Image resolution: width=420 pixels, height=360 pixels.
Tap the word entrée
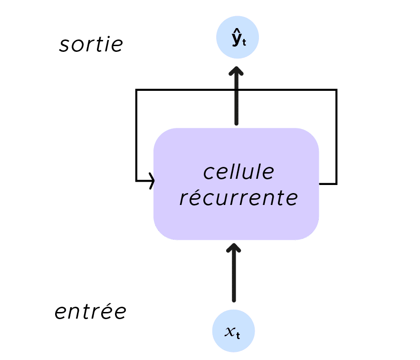tap(90, 312)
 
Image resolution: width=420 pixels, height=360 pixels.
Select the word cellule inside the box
tap(239, 172)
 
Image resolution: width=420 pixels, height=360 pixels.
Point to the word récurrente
tap(239, 198)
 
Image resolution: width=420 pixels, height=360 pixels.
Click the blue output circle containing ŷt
tap(238, 39)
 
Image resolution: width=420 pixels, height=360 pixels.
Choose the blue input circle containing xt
tap(233, 331)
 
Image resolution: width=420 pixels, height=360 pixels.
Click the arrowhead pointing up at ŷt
tap(236, 72)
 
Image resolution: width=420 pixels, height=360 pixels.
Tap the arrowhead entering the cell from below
tap(234, 249)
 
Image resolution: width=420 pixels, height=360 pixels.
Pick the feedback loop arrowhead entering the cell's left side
tap(152, 181)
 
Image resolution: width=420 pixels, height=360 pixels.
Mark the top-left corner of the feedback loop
tap(136, 90)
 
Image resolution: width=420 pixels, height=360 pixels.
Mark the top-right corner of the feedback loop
tap(336, 90)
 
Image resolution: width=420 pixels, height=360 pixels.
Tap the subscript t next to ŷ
tap(244, 43)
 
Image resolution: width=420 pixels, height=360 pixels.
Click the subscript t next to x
tap(238, 335)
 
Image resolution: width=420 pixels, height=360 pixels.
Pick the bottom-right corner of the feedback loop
tap(336, 183)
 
